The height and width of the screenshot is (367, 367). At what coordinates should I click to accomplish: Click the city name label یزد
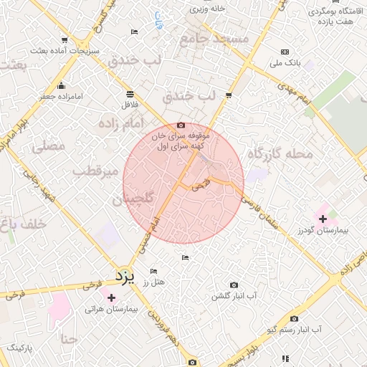pos(125,275)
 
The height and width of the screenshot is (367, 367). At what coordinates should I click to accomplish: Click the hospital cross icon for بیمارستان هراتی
pos(110,297)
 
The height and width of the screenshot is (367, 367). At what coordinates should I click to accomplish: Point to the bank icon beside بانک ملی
pos(285,52)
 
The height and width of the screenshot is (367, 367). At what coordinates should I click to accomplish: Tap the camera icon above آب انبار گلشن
pos(234,285)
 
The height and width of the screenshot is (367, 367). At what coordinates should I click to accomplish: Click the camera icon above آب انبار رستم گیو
pos(294,318)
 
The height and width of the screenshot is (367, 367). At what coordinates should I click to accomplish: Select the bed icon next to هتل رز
pos(153,272)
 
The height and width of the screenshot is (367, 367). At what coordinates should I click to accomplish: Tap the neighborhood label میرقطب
pos(100,173)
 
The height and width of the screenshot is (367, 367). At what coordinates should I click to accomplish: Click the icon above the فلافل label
pos(130,94)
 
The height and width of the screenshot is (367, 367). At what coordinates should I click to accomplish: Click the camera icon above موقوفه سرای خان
pos(180,125)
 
